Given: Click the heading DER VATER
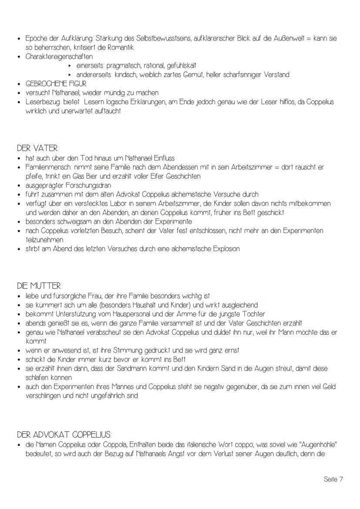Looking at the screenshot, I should [x=38, y=148].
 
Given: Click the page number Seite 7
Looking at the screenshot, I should [x=333, y=479].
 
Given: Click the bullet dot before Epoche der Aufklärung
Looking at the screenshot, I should [x=19, y=38].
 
